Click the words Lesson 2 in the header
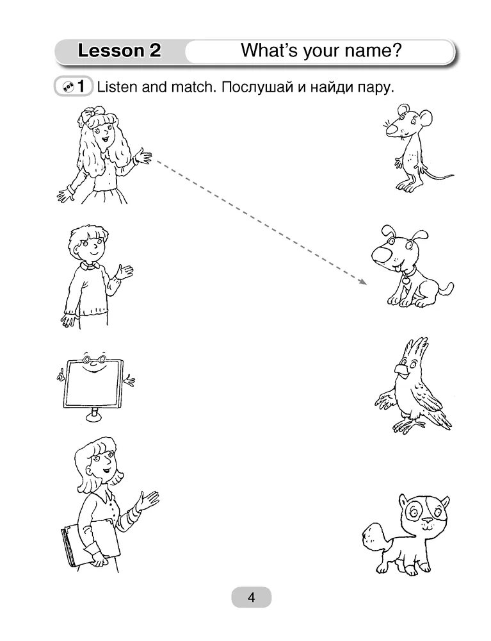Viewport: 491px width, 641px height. (x=119, y=51)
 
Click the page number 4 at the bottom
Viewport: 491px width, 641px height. (x=251, y=597)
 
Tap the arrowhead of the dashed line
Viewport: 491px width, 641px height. (x=363, y=282)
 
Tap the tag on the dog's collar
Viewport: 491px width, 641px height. (x=405, y=279)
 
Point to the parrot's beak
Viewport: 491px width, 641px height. (x=401, y=370)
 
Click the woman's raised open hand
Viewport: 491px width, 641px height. (x=148, y=500)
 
